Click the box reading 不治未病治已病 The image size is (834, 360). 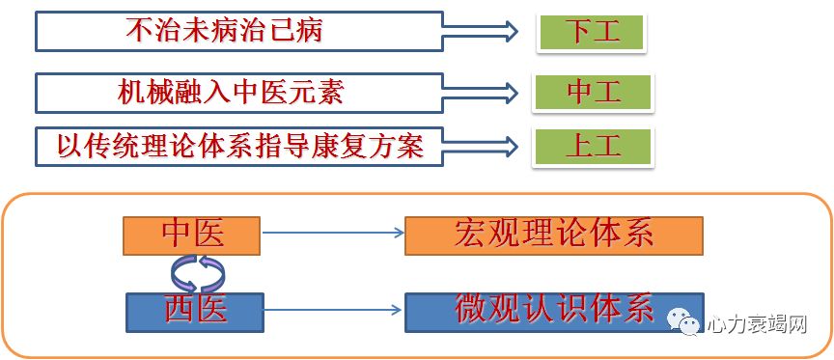238,32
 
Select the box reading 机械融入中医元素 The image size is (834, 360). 238,93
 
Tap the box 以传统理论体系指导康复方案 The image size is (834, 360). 238,146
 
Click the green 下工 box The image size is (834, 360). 590,32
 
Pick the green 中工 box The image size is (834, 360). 592,92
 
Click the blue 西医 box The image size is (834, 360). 195,312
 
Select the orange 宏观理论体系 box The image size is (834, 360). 553,235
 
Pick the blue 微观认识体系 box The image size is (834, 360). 554,311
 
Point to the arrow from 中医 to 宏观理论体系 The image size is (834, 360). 333,233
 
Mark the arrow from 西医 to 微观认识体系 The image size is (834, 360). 333,310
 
